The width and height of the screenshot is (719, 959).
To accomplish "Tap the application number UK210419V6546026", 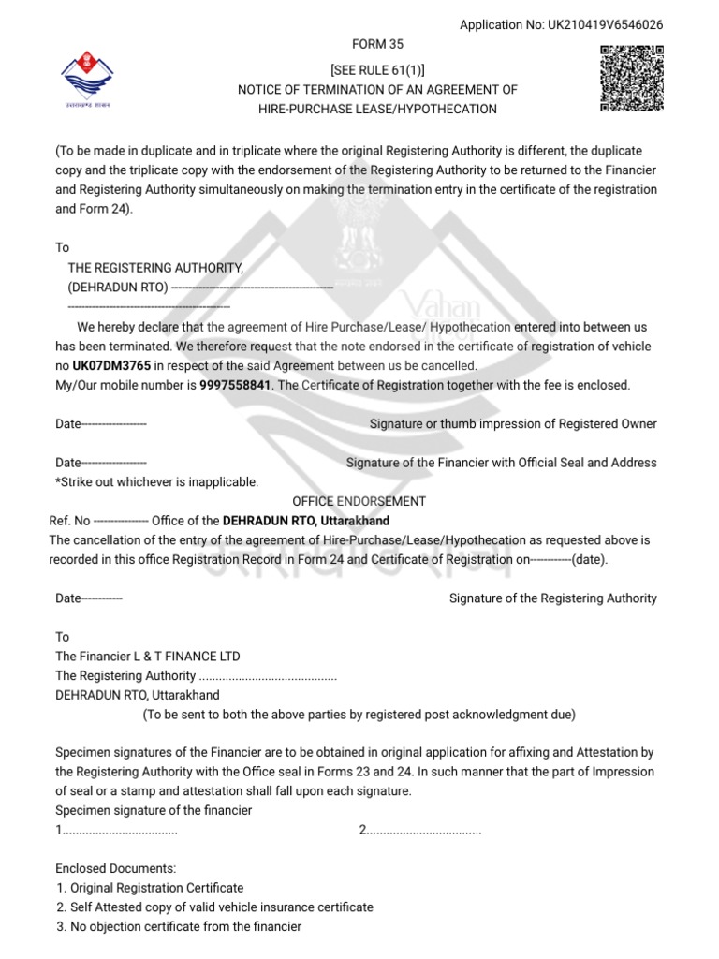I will coord(561,25).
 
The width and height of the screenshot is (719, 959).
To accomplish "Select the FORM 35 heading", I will coord(377,44).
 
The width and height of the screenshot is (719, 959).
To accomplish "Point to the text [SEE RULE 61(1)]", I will coord(377,70).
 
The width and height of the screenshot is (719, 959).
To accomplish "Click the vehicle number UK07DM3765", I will coord(111,365).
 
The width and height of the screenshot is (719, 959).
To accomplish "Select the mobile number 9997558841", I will coord(235,385).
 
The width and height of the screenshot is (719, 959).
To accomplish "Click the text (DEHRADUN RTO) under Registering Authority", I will coord(118,287).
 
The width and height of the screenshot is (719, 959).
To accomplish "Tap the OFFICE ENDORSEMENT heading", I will coord(359,501).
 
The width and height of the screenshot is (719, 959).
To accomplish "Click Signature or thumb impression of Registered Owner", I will coord(513,424).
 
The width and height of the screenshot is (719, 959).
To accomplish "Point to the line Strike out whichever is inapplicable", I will coord(156,481).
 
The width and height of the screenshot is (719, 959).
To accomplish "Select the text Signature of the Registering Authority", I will coord(552,598).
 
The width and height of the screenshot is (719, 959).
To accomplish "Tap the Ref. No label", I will coord(69,521).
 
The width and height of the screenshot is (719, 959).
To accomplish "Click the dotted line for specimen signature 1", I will coord(117,831).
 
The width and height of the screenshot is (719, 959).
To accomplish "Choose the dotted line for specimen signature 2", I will coord(420,831).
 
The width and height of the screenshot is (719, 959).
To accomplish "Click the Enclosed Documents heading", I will coord(116,869).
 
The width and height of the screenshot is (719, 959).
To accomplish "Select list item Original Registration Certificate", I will coord(150,888).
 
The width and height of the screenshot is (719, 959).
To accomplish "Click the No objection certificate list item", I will coord(179,927).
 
